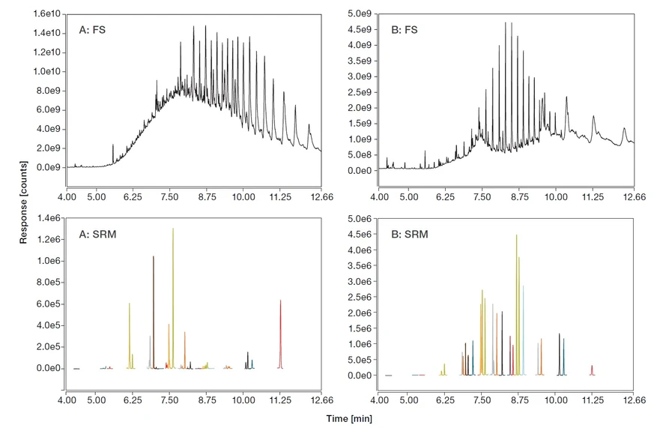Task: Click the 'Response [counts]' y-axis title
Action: pyautogui.click(x=24, y=202)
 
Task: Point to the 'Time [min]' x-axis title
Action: pyautogui.click(x=348, y=418)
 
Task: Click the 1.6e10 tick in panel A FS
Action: pyautogui.click(x=46, y=14)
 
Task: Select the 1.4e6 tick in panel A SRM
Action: pyautogui.click(x=46, y=217)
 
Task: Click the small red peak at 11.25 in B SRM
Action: pyautogui.click(x=592, y=367)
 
